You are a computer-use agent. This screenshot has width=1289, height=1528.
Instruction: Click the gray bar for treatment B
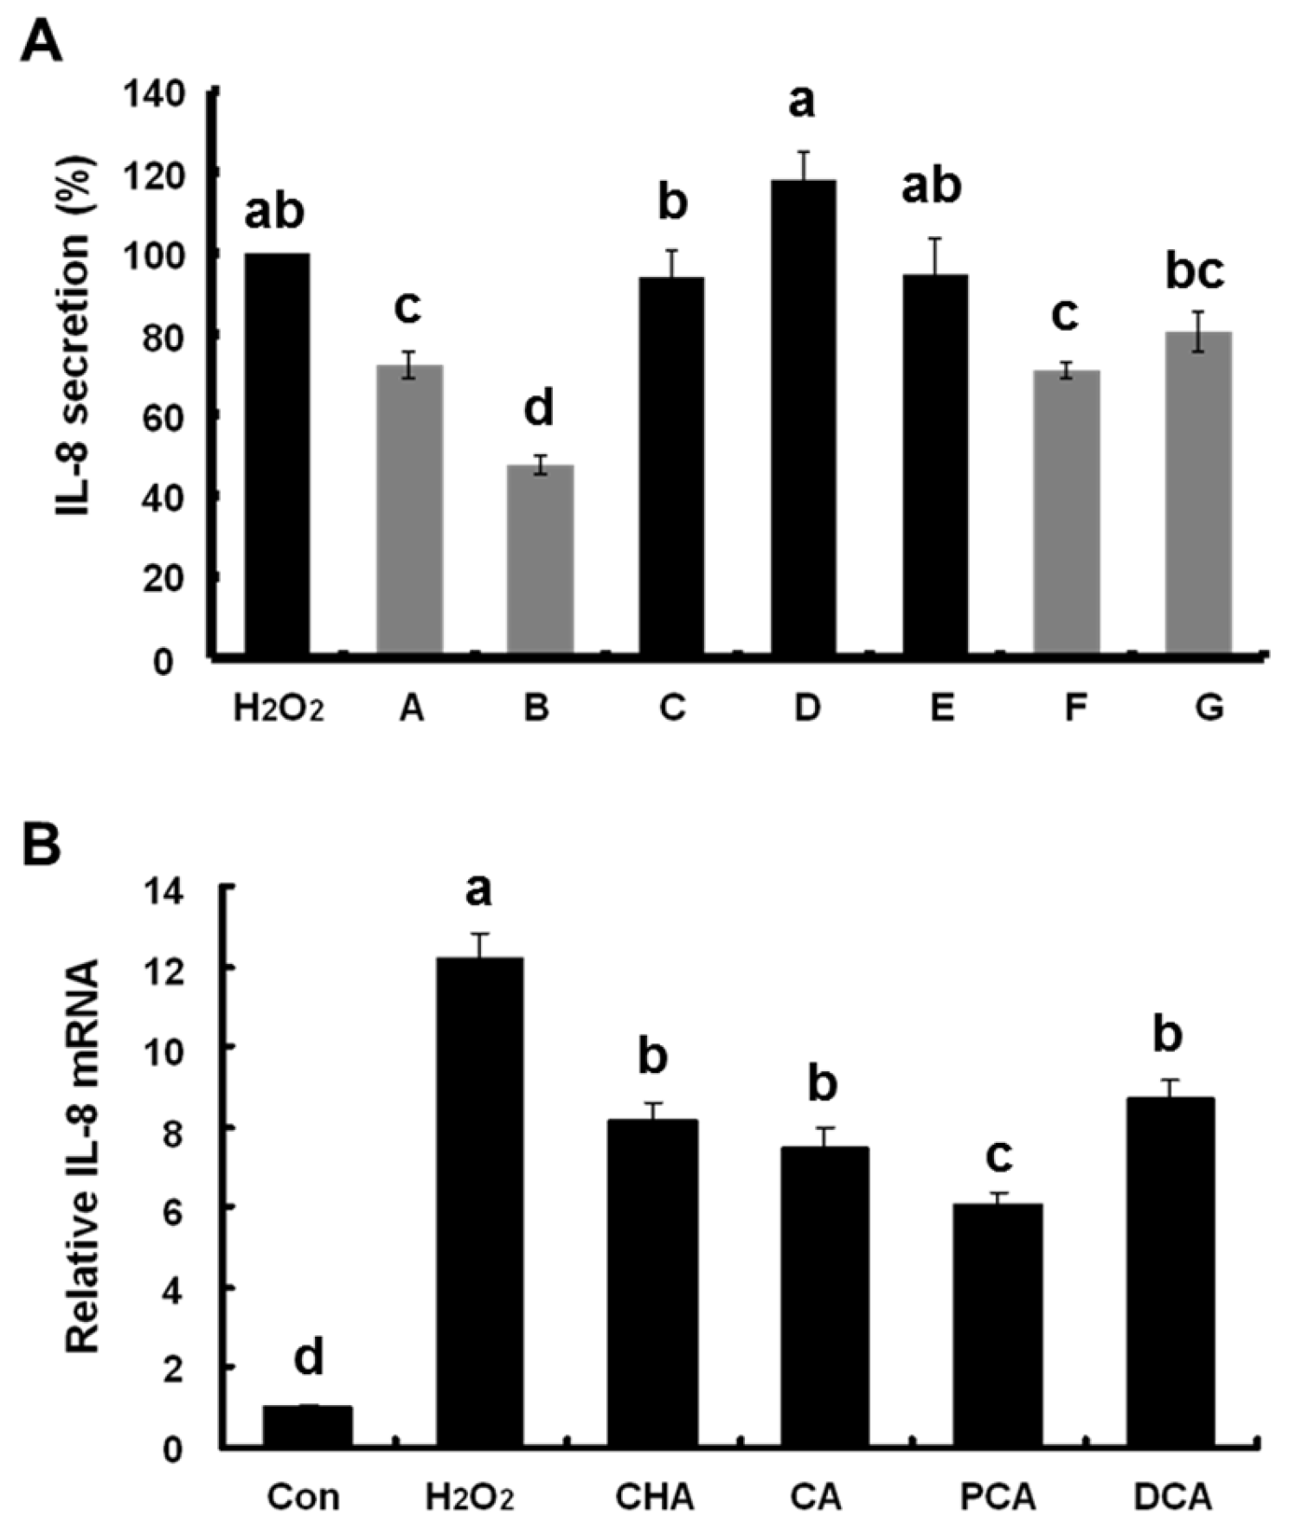click(540, 560)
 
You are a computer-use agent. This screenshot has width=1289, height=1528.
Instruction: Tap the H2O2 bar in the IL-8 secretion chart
click(277, 453)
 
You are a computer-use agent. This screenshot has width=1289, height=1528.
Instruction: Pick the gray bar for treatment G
click(1198, 492)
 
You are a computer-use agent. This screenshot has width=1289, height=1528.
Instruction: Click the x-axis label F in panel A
click(1074, 709)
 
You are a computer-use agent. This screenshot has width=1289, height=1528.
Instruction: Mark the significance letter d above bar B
click(538, 408)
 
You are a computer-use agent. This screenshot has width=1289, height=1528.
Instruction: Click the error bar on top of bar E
click(935, 256)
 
